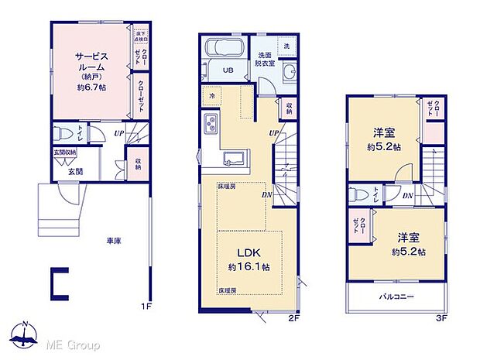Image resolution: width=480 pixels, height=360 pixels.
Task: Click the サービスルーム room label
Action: (x=91, y=61)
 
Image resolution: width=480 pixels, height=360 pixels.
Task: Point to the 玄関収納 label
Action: (x=65, y=153)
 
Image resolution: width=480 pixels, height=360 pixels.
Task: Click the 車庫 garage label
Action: (x=114, y=241)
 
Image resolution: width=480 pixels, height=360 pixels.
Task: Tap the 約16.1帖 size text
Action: (x=249, y=267)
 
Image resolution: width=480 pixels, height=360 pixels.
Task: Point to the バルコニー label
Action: (x=396, y=297)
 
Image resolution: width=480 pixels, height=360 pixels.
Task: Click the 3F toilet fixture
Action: (x=357, y=194)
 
